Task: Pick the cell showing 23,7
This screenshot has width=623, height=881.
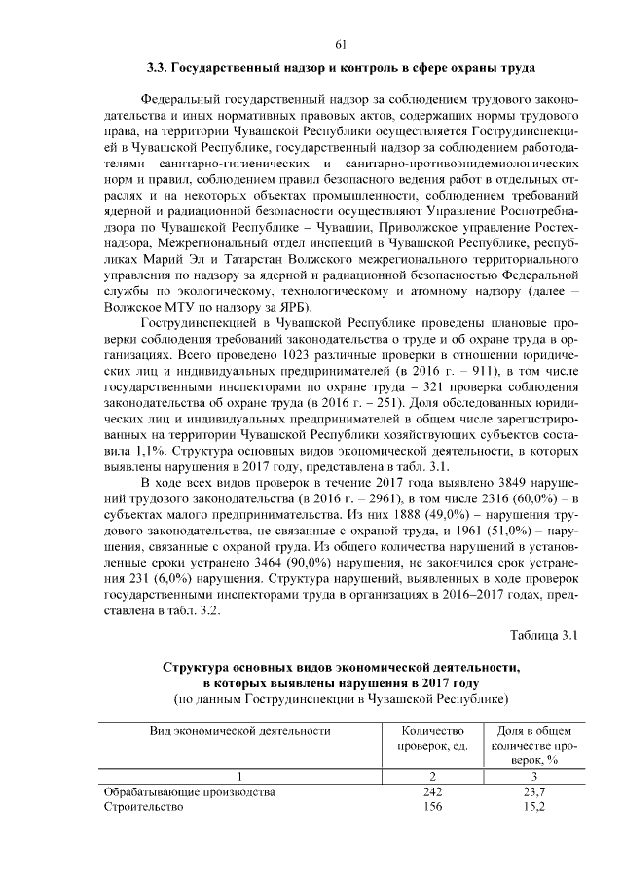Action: (533, 792)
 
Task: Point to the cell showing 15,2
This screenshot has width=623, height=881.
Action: (533, 808)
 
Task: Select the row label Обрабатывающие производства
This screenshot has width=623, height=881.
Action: (190, 792)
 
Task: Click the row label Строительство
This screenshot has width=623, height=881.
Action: (144, 808)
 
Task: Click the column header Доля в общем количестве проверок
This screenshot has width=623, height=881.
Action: (533, 745)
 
